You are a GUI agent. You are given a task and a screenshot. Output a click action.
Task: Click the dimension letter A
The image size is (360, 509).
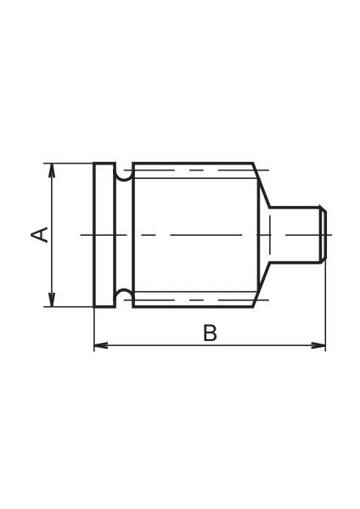(x=38, y=234)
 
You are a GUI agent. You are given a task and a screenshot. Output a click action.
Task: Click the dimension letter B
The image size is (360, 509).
(x=210, y=333)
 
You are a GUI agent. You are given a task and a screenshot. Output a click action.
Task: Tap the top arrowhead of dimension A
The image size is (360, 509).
(x=53, y=169)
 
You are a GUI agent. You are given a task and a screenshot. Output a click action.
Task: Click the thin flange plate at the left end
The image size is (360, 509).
(x=104, y=234)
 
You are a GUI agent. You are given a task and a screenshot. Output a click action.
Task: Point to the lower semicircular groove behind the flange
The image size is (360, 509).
(x=123, y=295)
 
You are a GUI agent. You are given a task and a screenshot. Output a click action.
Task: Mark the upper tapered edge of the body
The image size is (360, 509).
(x=262, y=184)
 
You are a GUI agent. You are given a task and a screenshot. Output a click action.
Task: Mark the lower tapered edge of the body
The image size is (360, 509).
(x=262, y=284)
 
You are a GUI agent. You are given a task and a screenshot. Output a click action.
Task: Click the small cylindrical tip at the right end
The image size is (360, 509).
(x=297, y=234)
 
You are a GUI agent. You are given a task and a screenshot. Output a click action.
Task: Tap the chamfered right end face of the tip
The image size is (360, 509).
(x=323, y=234)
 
